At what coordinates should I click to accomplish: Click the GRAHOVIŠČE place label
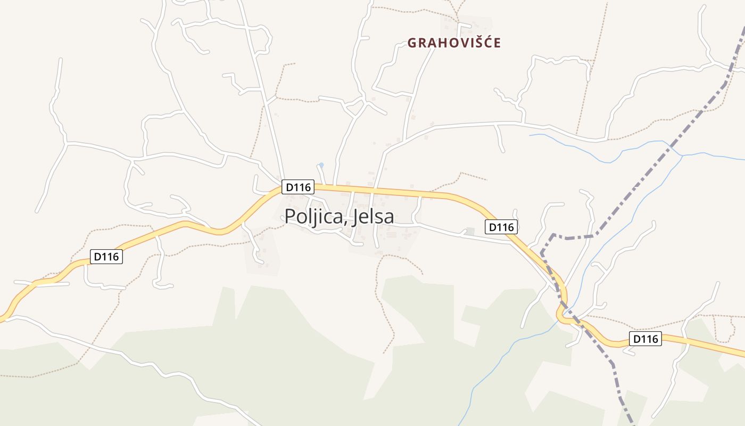[x=454, y=43]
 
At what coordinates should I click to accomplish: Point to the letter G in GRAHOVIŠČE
[x=412, y=43]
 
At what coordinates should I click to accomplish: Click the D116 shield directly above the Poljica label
[x=298, y=187]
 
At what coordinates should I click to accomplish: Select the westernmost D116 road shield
[x=107, y=257]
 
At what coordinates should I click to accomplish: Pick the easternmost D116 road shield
[x=645, y=339]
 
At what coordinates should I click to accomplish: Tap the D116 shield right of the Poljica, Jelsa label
[x=501, y=227]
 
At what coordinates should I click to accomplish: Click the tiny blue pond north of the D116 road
[x=321, y=165]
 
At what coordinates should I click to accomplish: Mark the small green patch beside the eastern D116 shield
[x=469, y=232]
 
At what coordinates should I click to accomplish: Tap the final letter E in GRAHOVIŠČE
[x=497, y=43]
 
